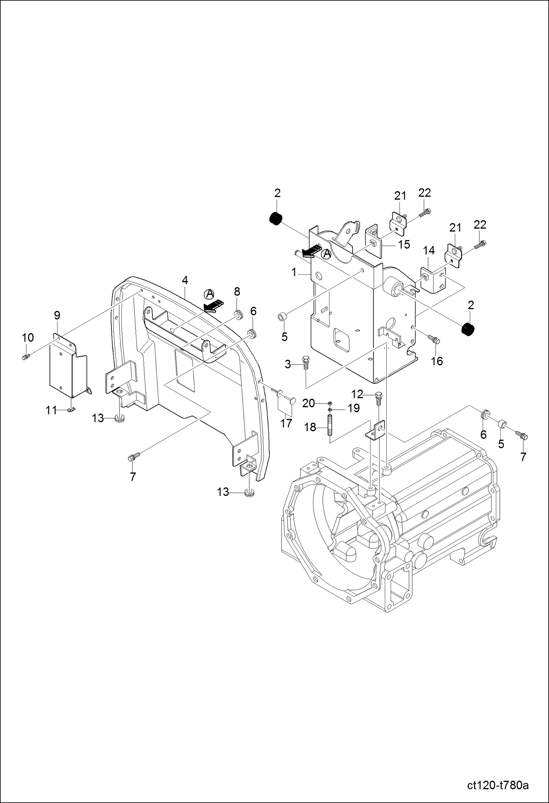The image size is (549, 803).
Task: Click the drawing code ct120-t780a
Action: pyautogui.click(x=498, y=785)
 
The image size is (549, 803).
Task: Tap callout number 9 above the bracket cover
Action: pyautogui.click(x=57, y=315)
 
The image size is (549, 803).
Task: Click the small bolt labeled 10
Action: pyautogui.click(x=25, y=357)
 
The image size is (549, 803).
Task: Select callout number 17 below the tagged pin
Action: pyautogui.click(x=286, y=423)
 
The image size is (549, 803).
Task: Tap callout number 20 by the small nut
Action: pyautogui.click(x=308, y=403)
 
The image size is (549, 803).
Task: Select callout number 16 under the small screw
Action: pyautogui.click(x=436, y=361)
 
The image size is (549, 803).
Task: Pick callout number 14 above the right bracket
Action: pyautogui.click(x=429, y=250)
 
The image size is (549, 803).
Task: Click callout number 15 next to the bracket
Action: pyautogui.click(x=404, y=245)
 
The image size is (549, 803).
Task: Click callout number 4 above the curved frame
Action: pyautogui.click(x=185, y=280)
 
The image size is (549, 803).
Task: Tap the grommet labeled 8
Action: pyautogui.click(x=239, y=315)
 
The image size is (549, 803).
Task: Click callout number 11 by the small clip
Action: pyautogui.click(x=51, y=410)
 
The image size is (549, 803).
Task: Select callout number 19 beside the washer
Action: pyautogui.click(x=353, y=408)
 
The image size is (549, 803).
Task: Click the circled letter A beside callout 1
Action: pyautogui.click(x=326, y=254)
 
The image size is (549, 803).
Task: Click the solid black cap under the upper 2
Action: pyautogui.click(x=276, y=219)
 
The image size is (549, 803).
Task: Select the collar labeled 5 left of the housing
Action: pyautogui.click(x=283, y=316)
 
